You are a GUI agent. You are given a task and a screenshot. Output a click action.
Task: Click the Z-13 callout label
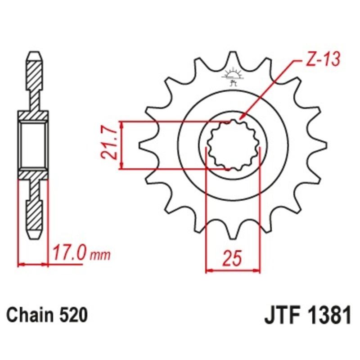(320, 60)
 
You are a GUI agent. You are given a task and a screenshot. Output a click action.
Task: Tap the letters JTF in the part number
(279, 315)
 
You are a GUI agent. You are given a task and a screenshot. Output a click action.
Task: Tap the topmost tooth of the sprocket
(233, 58)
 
